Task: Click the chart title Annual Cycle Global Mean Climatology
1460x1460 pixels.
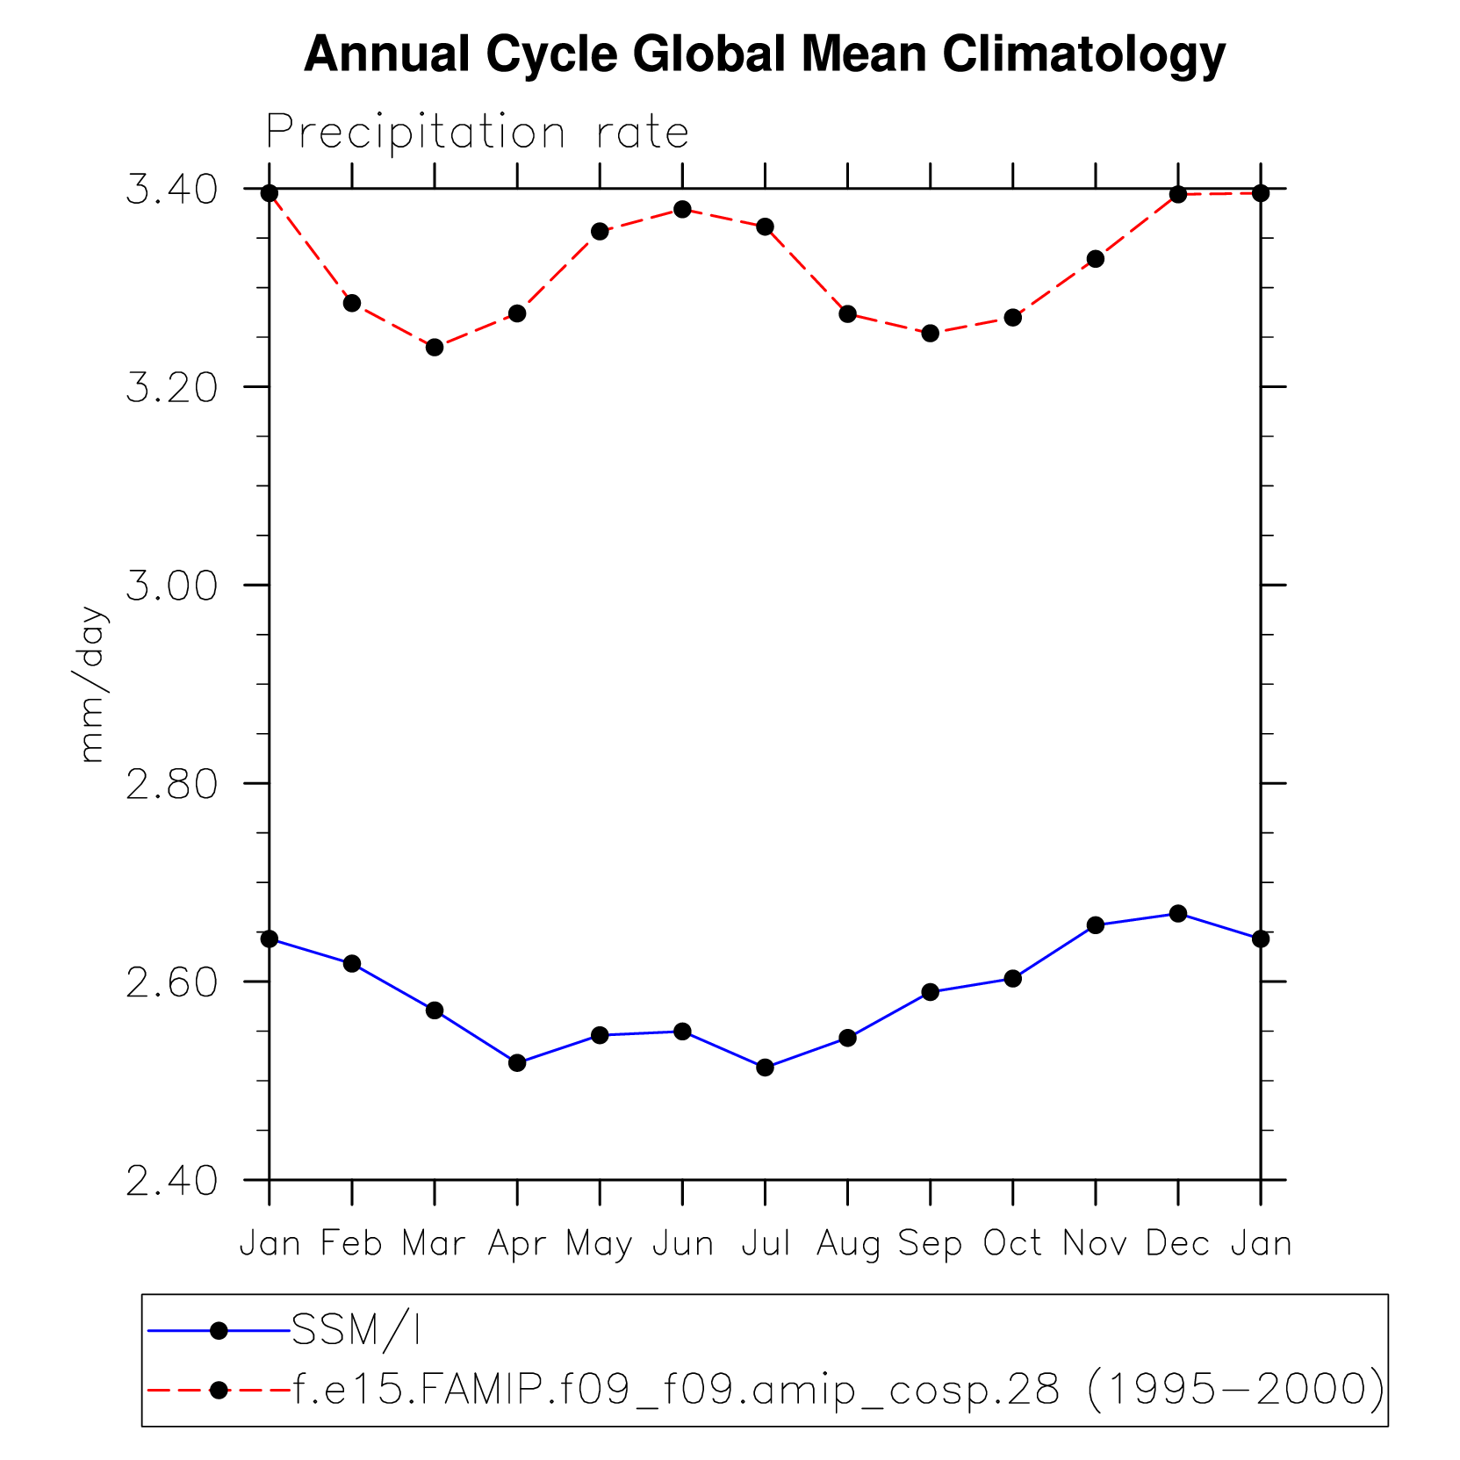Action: coord(764,54)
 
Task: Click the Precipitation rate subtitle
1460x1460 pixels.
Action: coord(477,133)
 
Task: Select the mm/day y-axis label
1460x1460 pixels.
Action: coord(91,684)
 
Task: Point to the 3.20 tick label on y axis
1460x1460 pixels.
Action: coord(172,387)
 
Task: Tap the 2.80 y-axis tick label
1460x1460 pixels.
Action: coord(172,784)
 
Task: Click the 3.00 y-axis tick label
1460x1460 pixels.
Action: coord(172,586)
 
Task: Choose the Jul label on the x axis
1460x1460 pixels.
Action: coord(766,1243)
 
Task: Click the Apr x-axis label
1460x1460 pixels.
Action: coord(517,1244)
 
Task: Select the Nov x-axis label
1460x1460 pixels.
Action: coord(1095,1243)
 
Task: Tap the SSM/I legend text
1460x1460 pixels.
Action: coord(356,1331)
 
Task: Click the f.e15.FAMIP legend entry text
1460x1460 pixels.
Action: coord(838,1390)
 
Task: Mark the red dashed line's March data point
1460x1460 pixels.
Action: coord(435,348)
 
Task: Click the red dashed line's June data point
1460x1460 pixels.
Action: coord(682,209)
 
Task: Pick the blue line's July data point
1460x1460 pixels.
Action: coord(765,1068)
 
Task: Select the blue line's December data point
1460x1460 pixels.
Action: coord(1178,914)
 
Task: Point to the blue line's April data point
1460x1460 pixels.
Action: coord(517,1063)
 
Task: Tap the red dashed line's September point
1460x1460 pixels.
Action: coord(931,334)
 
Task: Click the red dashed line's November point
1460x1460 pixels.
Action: coord(1096,259)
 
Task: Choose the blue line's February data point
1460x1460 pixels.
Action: coord(352,964)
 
